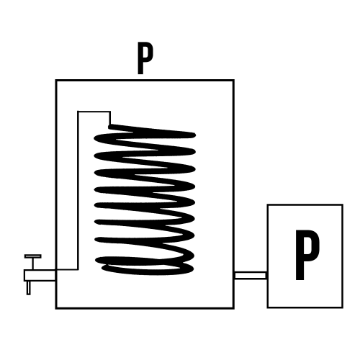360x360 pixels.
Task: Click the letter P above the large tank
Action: (x=145, y=58)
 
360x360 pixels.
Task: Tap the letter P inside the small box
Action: (x=307, y=255)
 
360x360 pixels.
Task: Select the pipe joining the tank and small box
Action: (x=251, y=275)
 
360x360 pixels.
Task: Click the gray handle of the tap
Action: (x=33, y=256)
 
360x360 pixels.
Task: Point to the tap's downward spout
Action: (x=29, y=288)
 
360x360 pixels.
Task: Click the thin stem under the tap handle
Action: (x=33, y=264)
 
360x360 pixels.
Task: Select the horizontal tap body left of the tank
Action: (x=40, y=275)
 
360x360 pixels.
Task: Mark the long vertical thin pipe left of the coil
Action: (x=78, y=190)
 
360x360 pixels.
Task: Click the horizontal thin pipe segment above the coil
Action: (x=94, y=112)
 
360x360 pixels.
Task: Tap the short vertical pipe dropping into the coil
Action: (x=110, y=118)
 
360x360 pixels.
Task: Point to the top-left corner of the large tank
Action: (x=56, y=80)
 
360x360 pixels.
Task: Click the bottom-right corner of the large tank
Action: (x=233, y=308)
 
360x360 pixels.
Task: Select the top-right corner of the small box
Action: (x=343, y=204)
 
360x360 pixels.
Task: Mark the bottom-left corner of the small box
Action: (x=268, y=307)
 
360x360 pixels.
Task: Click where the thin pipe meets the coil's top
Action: (x=110, y=125)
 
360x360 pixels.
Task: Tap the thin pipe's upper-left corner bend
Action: (x=78, y=112)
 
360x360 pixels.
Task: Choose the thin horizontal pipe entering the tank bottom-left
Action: (x=67, y=269)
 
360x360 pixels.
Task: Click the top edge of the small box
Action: (x=305, y=204)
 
